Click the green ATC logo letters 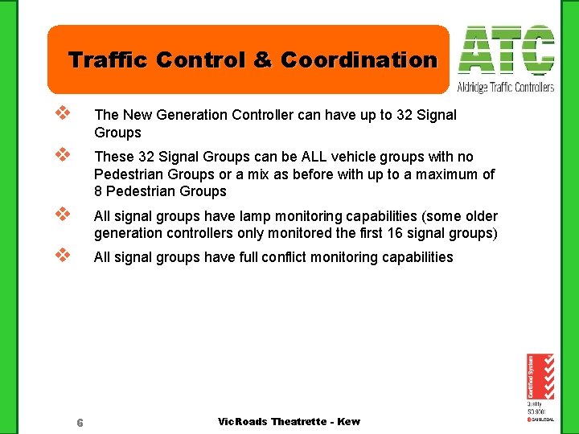coord(506,51)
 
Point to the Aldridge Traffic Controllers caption coord(506,87)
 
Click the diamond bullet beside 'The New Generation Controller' coord(60,114)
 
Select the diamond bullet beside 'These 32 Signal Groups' coord(60,155)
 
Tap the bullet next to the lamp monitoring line coord(60,215)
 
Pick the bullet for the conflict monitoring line coord(60,256)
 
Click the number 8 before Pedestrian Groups coord(98,191)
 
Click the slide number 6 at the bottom coord(80,423)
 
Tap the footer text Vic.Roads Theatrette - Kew coord(289,422)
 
